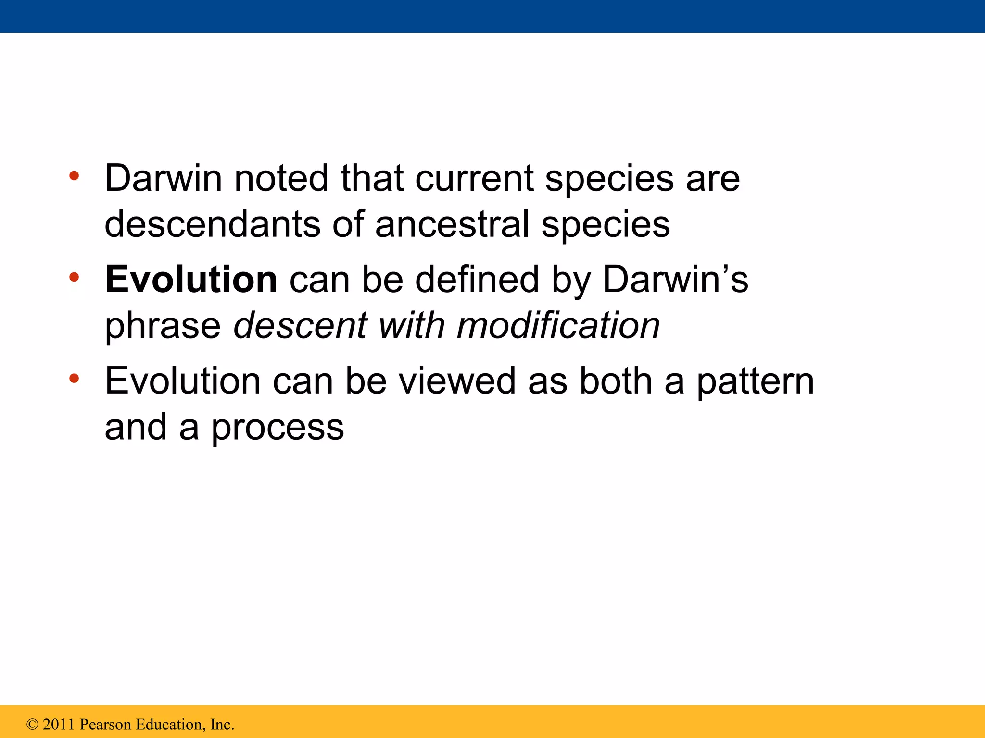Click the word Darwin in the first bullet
pyautogui.click(x=163, y=179)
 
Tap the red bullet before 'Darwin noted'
pyautogui.click(x=74, y=176)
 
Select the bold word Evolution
pyautogui.click(x=191, y=280)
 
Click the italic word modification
pyautogui.click(x=558, y=326)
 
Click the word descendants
pyautogui.click(x=212, y=224)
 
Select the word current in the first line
pyautogui.click(x=474, y=179)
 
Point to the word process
pyautogui.click(x=278, y=428)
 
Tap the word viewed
pyautogui.click(x=457, y=381)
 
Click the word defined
pyautogui.click(x=477, y=280)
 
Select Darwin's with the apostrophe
pyautogui.click(x=675, y=280)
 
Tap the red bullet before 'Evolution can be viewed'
pyautogui.click(x=74, y=379)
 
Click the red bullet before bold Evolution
pyautogui.click(x=74, y=277)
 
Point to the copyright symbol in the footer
pyautogui.click(x=32, y=725)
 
